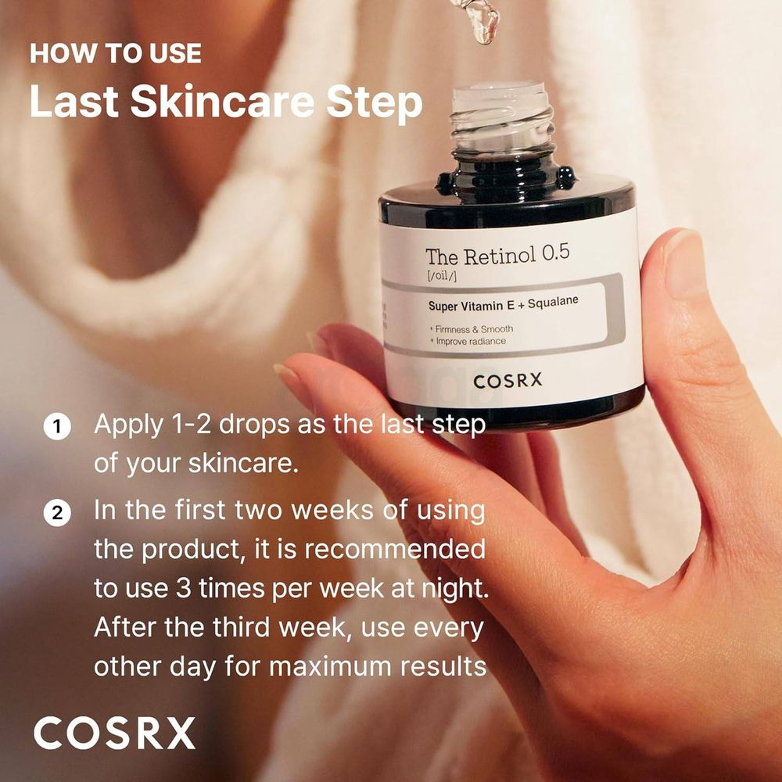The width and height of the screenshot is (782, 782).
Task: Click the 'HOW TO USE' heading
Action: (x=116, y=54)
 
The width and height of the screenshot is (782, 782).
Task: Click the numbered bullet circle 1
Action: (x=57, y=427)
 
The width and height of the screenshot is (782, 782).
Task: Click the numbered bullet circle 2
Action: (x=57, y=513)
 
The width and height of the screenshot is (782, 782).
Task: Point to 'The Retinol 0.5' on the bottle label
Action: (x=497, y=255)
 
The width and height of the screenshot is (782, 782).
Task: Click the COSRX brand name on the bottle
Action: (x=508, y=381)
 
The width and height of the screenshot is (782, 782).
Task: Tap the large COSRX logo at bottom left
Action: (x=114, y=733)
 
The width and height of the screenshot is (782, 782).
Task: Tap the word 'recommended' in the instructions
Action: (x=395, y=549)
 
